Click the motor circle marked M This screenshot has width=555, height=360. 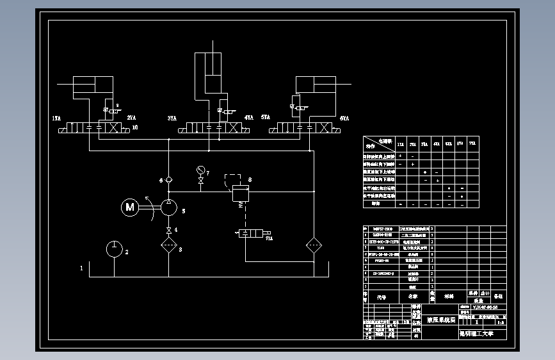pyautogui.click(x=131, y=206)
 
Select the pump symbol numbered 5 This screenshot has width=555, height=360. pyautogui.click(x=168, y=208)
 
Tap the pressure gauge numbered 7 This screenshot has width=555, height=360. pyautogui.click(x=201, y=170)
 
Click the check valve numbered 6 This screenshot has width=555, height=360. pyautogui.click(x=168, y=180)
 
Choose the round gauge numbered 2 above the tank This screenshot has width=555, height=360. pyautogui.click(x=114, y=249)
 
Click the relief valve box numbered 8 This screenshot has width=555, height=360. pyautogui.click(x=239, y=193)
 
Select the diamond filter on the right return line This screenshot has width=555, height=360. pyautogui.click(x=314, y=246)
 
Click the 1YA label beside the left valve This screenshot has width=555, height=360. pyautogui.click(x=56, y=119)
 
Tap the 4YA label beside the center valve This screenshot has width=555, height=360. pyautogui.click(x=248, y=119)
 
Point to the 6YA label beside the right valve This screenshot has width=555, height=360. pyautogui.click(x=344, y=119)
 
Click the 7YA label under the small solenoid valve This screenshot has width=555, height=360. pyautogui.click(x=269, y=239)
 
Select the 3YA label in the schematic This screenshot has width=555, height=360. pyautogui.click(x=172, y=119)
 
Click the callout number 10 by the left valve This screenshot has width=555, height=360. pyautogui.click(x=134, y=127)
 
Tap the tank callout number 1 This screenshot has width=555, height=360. pyautogui.click(x=81, y=268)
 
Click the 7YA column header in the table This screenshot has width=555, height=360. pyautogui.click(x=472, y=143)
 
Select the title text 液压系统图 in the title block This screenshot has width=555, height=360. pyautogui.click(x=440, y=318)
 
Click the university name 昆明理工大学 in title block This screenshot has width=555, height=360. pyautogui.click(x=477, y=333)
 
